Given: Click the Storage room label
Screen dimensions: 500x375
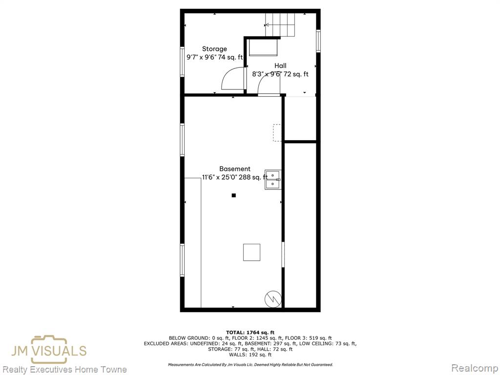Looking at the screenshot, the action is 214,49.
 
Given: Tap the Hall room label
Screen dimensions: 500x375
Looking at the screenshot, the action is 280,66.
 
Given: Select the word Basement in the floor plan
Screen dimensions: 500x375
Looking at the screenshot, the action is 235,169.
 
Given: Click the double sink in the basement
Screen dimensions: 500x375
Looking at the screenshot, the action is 273,180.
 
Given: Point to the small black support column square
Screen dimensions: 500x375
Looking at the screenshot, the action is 234,195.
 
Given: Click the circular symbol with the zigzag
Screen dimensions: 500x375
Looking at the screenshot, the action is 273,299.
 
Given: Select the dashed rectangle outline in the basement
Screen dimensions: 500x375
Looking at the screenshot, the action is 277,133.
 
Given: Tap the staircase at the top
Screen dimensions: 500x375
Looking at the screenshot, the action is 280,25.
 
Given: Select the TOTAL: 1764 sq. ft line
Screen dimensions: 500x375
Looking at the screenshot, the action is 250,332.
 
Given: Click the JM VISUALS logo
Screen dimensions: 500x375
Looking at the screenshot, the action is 49,350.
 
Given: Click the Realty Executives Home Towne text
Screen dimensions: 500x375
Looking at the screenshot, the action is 65,370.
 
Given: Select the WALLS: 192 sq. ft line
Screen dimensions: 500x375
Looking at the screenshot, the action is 250,354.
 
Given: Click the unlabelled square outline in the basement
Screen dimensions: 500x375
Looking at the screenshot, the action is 251,252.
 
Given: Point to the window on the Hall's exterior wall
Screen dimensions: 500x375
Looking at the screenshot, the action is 318,41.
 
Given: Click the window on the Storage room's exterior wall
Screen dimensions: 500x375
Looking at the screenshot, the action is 182,62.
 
